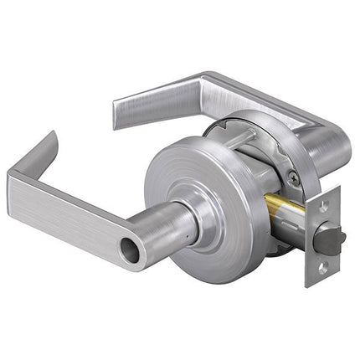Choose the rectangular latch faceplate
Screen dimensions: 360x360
click(323, 236)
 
